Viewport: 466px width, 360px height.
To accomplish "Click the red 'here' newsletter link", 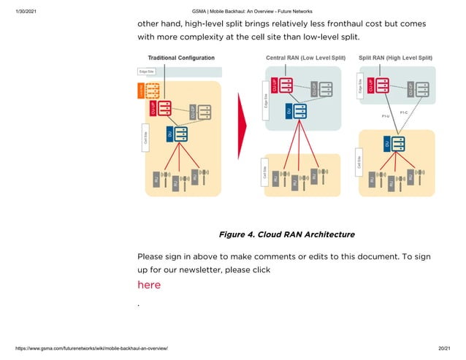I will [x=149, y=285].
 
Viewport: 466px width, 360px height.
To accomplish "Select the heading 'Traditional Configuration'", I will [x=181, y=58].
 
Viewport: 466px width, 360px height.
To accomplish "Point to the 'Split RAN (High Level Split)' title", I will [x=395, y=58].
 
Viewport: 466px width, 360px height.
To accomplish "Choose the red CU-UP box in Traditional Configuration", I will [x=163, y=108].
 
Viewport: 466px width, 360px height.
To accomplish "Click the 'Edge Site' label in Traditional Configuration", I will [x=147, y=72].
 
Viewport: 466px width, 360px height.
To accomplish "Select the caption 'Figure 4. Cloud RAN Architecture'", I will [x=286, y=234].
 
